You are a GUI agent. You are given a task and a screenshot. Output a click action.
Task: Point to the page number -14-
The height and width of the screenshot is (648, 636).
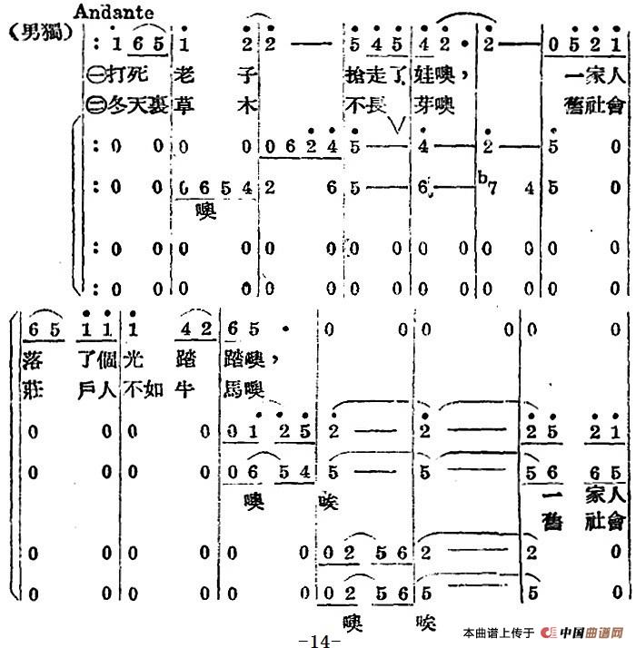318,639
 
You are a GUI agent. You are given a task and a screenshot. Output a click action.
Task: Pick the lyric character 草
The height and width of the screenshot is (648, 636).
181,105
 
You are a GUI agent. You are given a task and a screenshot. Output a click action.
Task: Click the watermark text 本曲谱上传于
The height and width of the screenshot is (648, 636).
499,633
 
